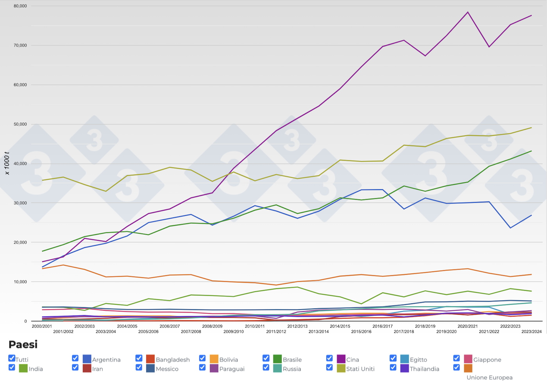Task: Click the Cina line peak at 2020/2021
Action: (468, 12)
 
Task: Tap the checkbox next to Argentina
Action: (75, 358)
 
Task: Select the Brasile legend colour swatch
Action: (277, 359)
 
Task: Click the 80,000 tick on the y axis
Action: (20, 6)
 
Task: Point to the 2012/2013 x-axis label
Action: (297, 326)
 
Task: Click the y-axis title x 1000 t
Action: (7, 163)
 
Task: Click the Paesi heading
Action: (23, 344)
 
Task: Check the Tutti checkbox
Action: (12, 358)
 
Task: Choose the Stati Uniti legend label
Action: (360, 369)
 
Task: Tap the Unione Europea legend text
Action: (489, 377)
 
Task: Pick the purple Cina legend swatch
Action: (341, 359)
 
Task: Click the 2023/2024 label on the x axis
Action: (531, 331)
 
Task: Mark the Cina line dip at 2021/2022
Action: (489, 47)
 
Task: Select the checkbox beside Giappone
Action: (456, 358)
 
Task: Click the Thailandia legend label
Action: (424, 369)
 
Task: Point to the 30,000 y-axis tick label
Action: (20, 203)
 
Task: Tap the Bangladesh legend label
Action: (173, 360)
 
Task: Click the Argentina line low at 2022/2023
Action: (510, 228)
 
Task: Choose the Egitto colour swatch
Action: (404, 359)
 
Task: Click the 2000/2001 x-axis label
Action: (42, 326)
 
